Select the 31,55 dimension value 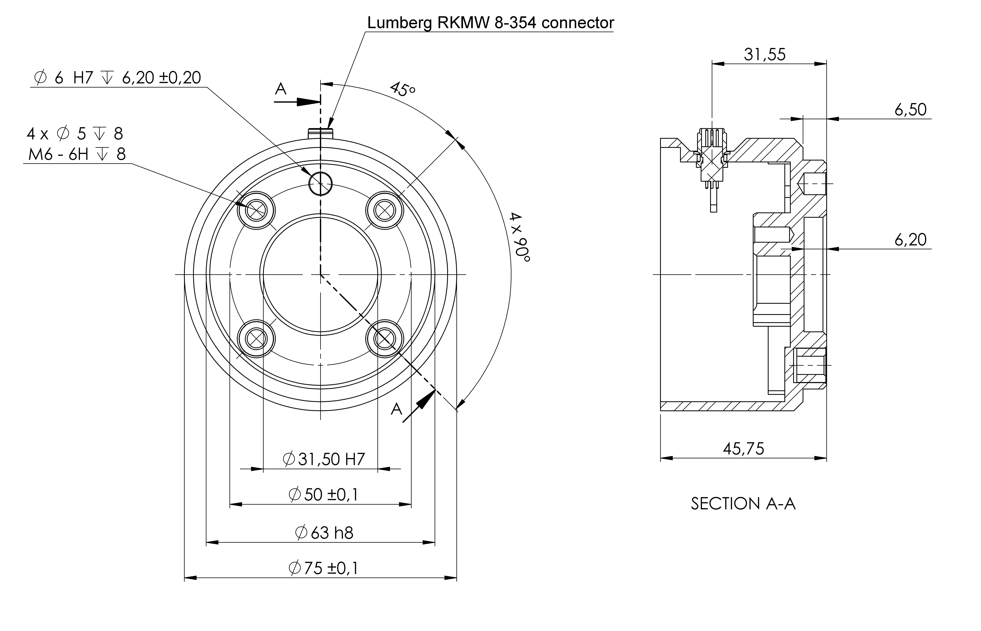pyautogui.click(x=765, y=55)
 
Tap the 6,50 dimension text pyautogui.click(x=910, y=110)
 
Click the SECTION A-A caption pyautogui.click(x=743, y=504)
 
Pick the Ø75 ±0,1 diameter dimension pyautogui.click(x=323, y=568)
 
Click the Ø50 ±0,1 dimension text pyautogui.click(x=323, y=495)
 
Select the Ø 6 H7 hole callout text pyautogui.click(x=118, y=77)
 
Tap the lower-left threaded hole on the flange pyautogui.click(x=256, y=339)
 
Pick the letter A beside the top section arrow pyautogui.click(x=281, y=89)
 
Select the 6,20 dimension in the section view pyautogui.click(x=910, y=240)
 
